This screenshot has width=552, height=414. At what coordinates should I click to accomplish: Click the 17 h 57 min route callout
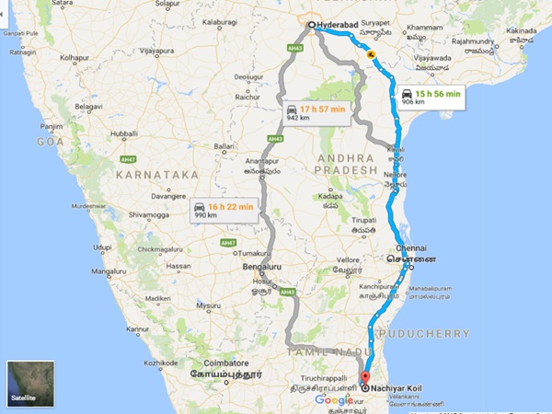[x=315, y=112]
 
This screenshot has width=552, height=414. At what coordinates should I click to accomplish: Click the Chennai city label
[x=413, y=249]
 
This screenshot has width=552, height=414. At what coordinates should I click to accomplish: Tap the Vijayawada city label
[x=431, y=57]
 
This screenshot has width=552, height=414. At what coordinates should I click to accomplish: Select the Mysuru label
[x=210, y=305]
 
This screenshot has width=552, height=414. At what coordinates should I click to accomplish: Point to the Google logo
[x=334, y=400]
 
